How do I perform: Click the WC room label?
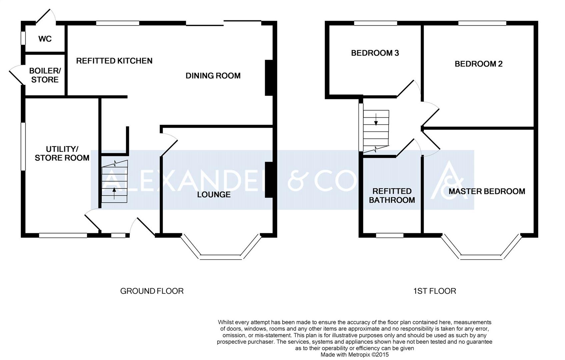tap(45, 39)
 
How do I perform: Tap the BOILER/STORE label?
tap(45, 75)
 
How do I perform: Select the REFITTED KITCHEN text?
tap(114, 61)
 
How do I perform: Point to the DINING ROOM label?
tap(213, 76)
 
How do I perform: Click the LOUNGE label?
tap(214, 195)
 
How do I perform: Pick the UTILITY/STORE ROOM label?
tap(62, 153)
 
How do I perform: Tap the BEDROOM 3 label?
tap(375, 53)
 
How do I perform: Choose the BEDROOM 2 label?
tap(478, 64)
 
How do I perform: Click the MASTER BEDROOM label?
tap(487, 191)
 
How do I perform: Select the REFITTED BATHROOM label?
tap(392, 196)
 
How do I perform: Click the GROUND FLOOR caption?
tap(152, 291)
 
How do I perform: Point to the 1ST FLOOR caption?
tap(435, 291)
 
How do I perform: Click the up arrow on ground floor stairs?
tap(114, 194)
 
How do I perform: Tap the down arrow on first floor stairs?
tap(376, 120)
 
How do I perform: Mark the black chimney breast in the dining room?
tap(269, 78)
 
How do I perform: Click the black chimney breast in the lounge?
tap(269, 180)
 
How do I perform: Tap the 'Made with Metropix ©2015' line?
tap(354, 355)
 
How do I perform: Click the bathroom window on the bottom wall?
tap(390, 235)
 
